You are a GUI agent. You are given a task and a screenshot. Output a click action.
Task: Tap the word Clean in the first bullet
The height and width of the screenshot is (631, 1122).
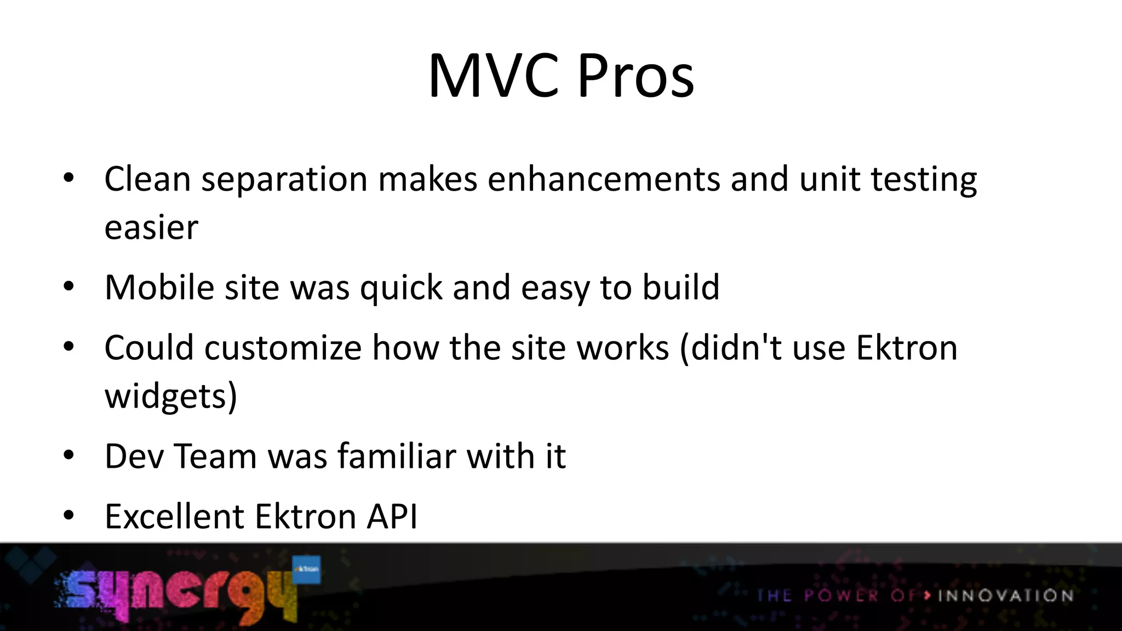[x=147, y=179]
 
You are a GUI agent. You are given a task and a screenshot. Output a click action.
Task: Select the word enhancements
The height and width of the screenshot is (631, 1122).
[x=604, y=179]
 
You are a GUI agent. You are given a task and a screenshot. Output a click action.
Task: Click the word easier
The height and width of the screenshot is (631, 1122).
[x=151, y=228]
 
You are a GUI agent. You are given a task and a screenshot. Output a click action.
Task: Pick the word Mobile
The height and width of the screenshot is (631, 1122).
[x=159, y=288]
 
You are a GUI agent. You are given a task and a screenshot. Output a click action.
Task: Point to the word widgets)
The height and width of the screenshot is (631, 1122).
[x=171, y=397]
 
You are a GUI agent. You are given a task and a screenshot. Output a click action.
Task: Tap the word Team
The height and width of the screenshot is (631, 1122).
[x=215, y=456]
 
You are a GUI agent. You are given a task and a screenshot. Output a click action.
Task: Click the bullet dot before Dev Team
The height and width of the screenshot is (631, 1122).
[x=68, y=456]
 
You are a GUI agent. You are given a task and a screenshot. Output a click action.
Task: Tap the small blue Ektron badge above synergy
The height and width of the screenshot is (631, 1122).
[x=306, y=570]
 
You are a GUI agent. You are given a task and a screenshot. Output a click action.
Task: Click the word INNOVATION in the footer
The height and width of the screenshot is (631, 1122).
[x=1005, y=595]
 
